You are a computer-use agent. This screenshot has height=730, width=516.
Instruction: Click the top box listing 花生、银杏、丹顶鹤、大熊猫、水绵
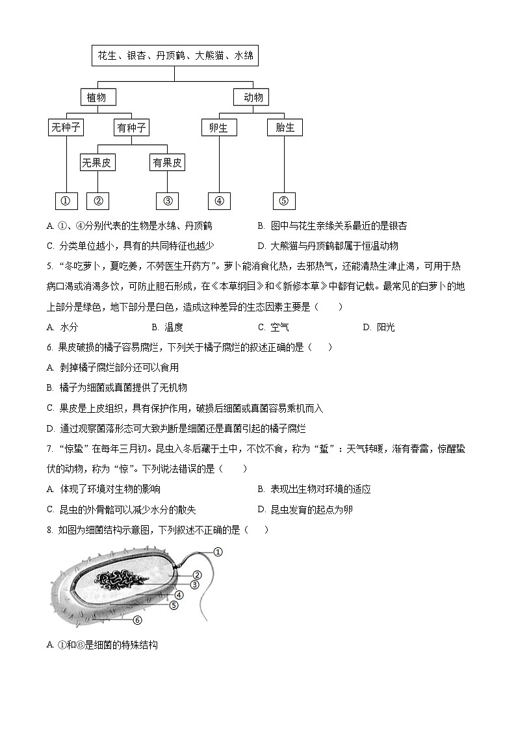[x=175, y=56]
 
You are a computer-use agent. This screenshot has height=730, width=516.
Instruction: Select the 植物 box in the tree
[x=97, y=98]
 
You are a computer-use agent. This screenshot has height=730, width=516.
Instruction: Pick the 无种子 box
[x=66, y=127]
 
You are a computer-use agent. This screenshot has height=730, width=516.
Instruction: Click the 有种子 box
[x=131, y=127]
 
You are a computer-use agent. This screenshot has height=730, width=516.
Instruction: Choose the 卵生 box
[x=218, y=127]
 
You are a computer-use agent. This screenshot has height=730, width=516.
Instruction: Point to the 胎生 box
[x=285, y=127]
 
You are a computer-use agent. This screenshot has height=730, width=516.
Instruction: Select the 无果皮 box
[x=97, y=163]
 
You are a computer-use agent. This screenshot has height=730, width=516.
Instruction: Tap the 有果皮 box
[x=167, y=163]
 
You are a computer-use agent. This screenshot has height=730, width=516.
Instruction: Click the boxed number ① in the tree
[x=66, y=201]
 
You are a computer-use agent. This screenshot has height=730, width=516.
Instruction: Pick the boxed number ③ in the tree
[x=167, y=201]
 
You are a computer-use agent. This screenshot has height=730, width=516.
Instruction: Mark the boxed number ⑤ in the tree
[x=283, y=201]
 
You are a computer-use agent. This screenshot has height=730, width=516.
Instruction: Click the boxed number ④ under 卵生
[x=218, y=201]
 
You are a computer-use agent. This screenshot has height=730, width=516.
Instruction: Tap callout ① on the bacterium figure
[x=218, y=552]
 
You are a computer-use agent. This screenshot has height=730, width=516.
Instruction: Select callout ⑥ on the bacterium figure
[x=137, y=619]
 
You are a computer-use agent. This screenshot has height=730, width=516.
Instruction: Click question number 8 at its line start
[x=50, y=530]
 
